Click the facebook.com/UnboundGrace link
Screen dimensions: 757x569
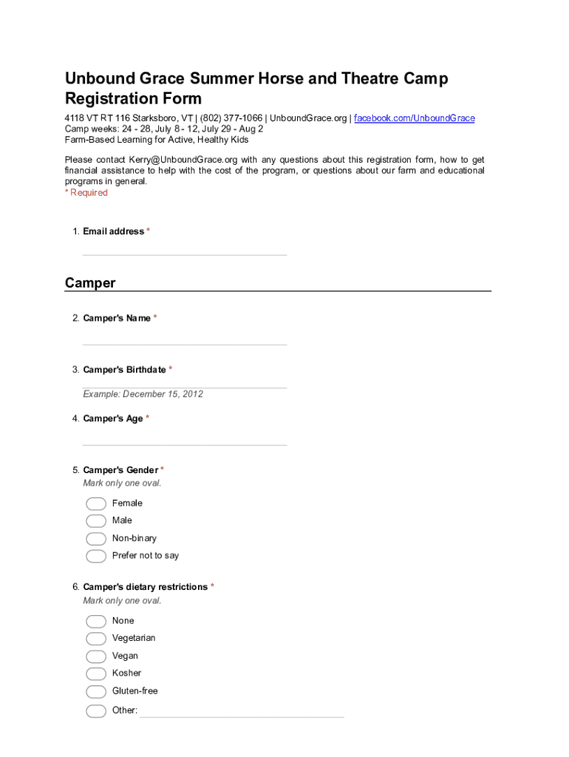414,118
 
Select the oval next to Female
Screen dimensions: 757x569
96,503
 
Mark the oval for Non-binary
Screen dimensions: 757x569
96,539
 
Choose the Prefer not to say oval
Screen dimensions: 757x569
96,556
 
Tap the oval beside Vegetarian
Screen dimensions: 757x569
96,639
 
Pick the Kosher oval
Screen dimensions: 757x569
96,673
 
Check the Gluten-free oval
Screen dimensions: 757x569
96,691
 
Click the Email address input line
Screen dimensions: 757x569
185,251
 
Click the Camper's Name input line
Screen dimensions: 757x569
185,340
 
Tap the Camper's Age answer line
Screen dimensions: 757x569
185,441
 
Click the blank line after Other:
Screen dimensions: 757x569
242,712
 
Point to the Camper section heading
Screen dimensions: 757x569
90,283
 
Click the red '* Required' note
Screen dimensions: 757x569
86,193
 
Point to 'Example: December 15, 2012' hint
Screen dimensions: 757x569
143,394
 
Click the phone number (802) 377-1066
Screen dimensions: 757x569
231,118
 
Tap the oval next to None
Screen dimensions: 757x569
96,621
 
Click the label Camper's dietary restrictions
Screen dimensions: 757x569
146,587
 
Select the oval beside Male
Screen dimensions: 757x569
96,521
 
